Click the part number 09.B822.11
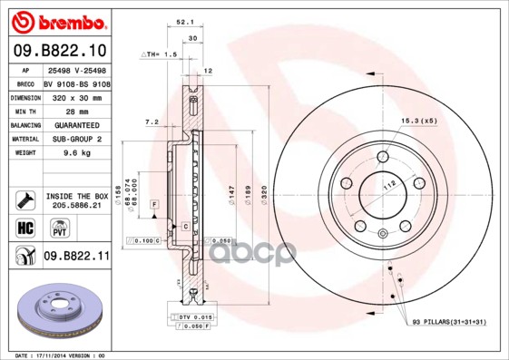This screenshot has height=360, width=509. (76, 258)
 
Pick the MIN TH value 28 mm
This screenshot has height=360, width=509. (61, 110)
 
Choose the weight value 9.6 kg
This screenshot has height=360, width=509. (61, 152)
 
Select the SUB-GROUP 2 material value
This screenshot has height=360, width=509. (74, 139)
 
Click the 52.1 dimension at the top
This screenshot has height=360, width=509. (185, 24)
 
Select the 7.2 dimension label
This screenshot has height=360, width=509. (152, 121)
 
